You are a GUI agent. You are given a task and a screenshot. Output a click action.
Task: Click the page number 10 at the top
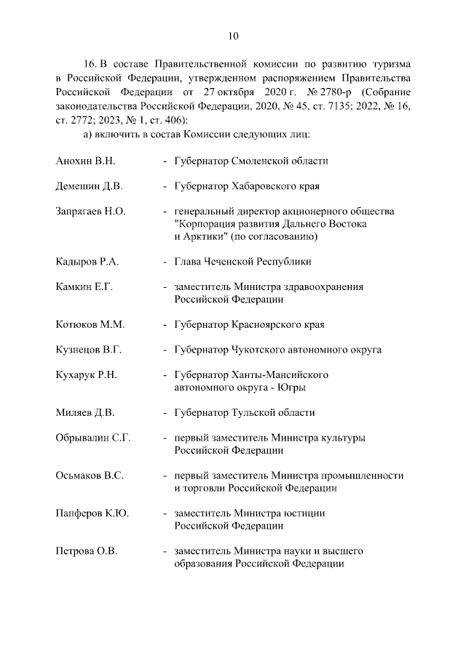point(233,36)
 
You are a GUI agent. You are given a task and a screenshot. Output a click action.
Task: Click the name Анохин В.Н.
point(86,161)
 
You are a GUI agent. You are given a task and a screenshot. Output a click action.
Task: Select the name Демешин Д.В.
point(89,185)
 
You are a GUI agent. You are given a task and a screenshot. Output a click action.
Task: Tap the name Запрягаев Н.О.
point(91,211)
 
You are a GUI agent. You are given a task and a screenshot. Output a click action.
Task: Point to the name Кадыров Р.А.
point(87,261)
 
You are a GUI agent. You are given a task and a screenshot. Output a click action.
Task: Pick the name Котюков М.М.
point(89,324)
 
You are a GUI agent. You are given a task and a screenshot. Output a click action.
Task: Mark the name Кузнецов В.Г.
point(88,350)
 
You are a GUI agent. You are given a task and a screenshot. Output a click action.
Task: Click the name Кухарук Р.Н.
point(87,375)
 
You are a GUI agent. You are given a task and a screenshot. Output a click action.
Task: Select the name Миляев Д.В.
point(85,413)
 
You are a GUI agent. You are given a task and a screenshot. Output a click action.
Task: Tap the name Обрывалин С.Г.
point(92,438)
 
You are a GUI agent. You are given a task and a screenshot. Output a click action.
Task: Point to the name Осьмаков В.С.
point(90,476)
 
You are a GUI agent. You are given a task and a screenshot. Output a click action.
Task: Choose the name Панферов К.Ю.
point(92,513)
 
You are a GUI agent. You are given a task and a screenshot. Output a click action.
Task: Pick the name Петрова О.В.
point(87,551)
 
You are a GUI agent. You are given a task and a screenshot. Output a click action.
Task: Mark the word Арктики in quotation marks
point(205,236)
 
